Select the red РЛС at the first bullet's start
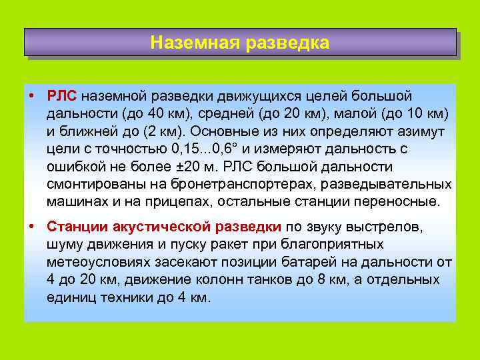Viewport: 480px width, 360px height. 62,97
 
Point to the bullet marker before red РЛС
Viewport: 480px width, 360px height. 32,97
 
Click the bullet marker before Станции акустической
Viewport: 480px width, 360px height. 32,227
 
